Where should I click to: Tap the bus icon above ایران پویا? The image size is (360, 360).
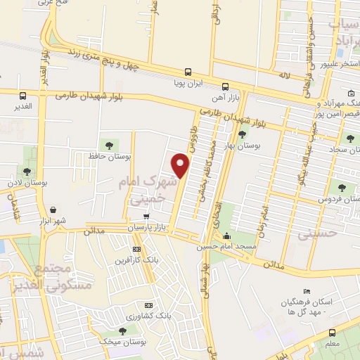pyautogui.click(x=187, y=72)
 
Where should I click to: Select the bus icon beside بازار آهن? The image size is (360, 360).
pyautogui.click(x=224, y=86)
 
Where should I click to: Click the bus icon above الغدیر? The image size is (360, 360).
pyautogui.click(x=23, y=96)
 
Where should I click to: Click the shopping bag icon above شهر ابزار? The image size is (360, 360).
pyautogui.click(x=53, y=210)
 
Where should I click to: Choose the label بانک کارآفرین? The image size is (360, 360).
pyautogui.click(x=136, y=260)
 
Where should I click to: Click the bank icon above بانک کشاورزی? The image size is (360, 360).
pyautogui.click(x=148, y=306)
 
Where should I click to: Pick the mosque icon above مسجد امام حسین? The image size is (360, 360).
pyautogui.click(x=245, y=236)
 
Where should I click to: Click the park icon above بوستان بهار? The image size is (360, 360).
pyautogui.click(x=243, y=134)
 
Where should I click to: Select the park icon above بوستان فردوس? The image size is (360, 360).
pyautogui.click(x=342, y=188)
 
